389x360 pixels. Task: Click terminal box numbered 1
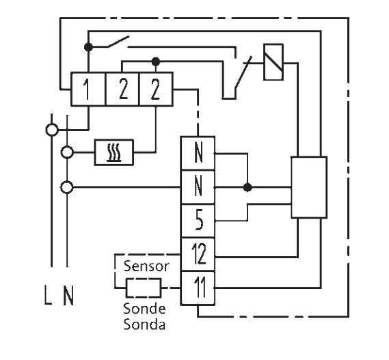(x=88, y=89)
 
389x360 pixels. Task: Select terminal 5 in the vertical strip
(x=198, y=221)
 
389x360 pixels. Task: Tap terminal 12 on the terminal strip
(x=198, y=254)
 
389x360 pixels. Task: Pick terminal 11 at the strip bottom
(x=198, y=288)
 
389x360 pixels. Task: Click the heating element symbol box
(x=114, y=152)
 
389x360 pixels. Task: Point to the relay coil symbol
(x=273, y=62)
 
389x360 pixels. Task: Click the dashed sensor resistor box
(x=144, y=288)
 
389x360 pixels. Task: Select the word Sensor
(x=146, y=266)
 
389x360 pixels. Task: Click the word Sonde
(x=144, y=309)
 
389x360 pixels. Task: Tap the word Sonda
(x=144, y=324)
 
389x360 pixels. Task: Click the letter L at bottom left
(x=48, y=295)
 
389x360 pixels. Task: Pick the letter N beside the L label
(x=68, y=296)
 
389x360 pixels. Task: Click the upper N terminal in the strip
(x=198, y=153)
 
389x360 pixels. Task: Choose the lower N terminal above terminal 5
(x=198, y=187)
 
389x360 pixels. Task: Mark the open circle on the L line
(x=52, y=130)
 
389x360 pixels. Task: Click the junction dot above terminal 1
(x=88, y=47)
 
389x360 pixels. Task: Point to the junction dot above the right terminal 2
(x=156, y=61)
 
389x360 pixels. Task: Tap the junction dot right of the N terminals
(x=247, y=187)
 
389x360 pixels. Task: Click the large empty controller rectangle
(x=309, y=187)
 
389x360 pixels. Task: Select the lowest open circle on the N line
(x=67, y=187)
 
